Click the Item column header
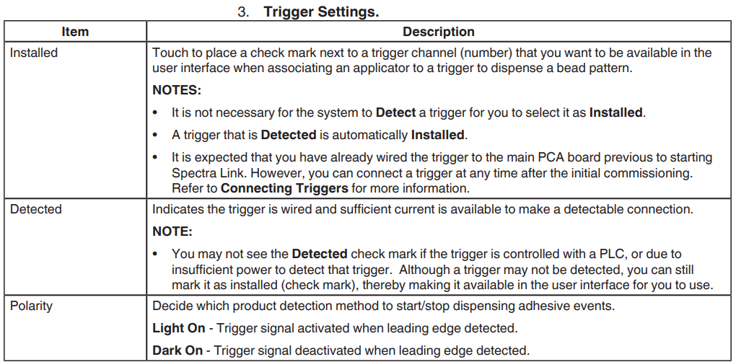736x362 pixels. tap(75, 32)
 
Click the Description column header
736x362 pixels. tap(438, 32)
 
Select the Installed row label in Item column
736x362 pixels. tap(34, 53)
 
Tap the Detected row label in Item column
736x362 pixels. tap(36, 209)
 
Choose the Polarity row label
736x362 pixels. tap(31, 305)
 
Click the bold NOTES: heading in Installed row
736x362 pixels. tap(177, 91)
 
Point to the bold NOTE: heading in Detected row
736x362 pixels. tap(172, 231)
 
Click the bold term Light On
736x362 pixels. tap(179, 328)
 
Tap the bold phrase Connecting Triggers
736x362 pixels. tap(284, 189)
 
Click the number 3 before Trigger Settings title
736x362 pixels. tap(243, 12)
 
